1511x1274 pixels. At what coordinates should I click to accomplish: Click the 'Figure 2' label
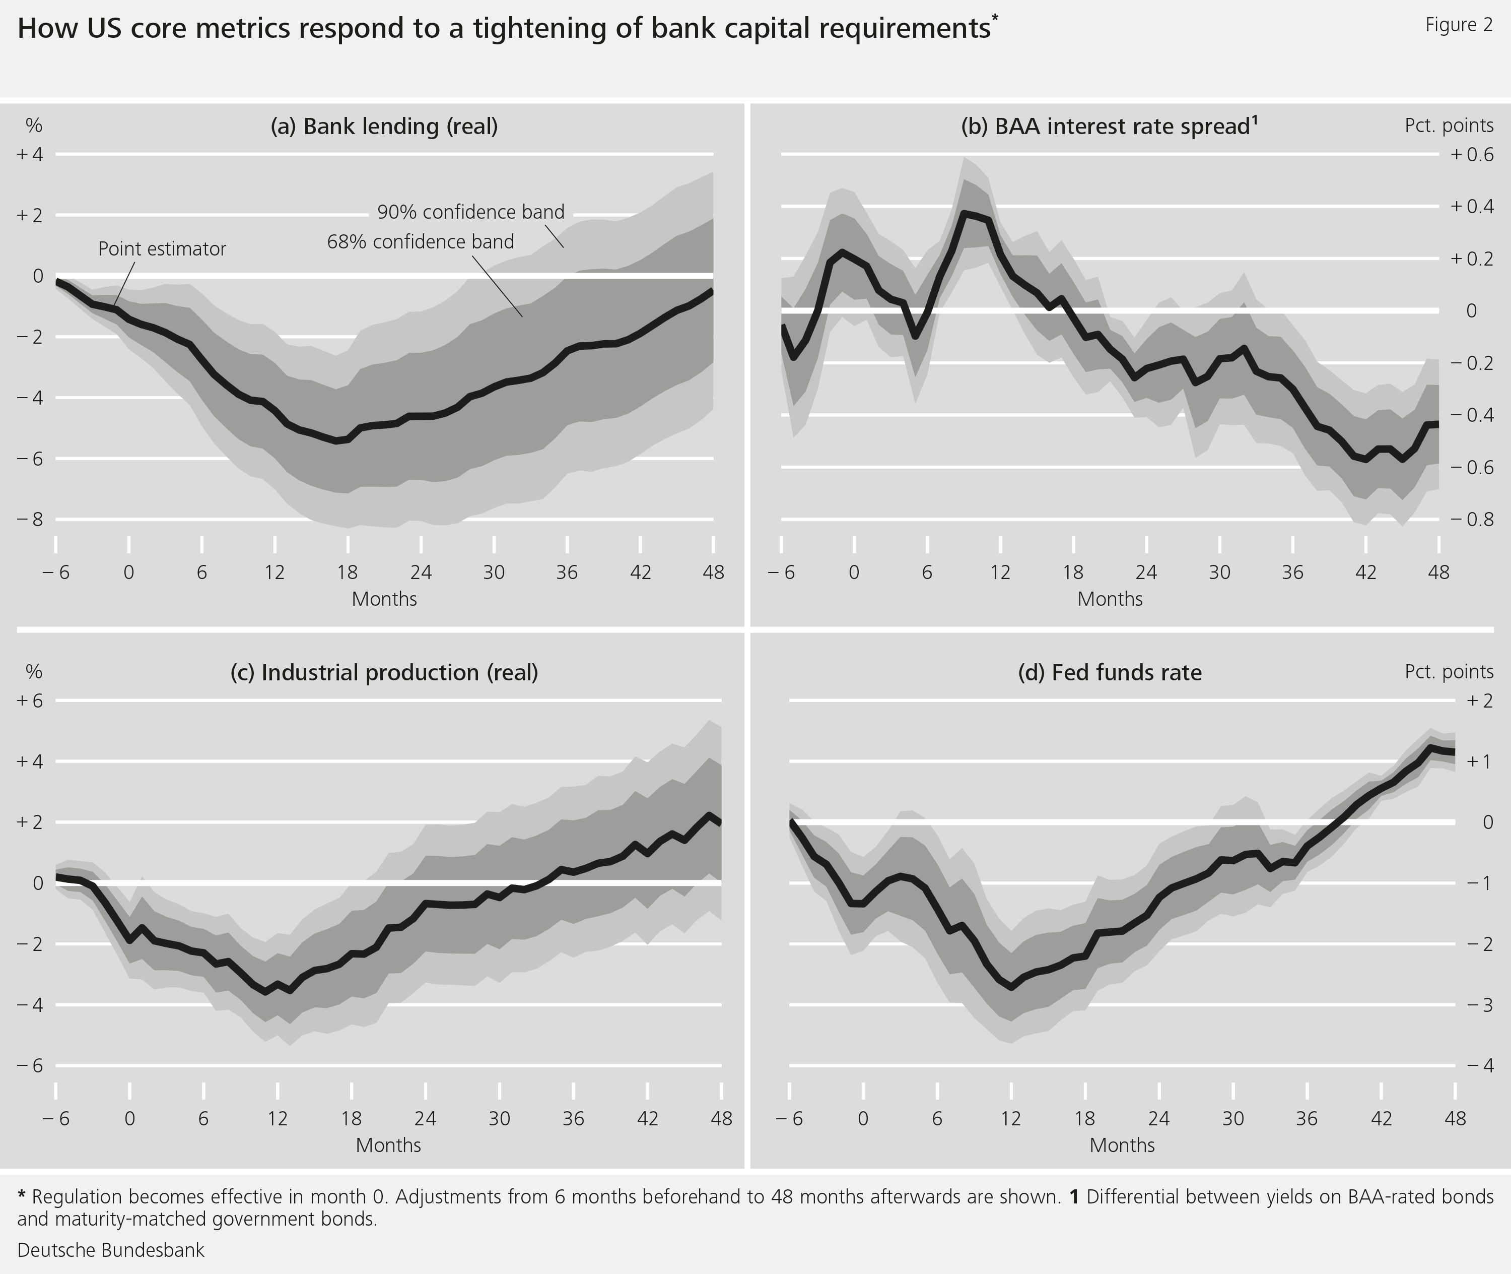click(1458, 25)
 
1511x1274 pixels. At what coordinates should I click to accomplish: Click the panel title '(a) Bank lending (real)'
click(384, 126)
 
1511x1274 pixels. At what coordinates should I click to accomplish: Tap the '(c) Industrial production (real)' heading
click(384, 672)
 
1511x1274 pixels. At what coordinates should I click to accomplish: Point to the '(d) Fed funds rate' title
click(1110, 672)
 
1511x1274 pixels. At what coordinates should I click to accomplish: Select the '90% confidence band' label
click(471, 212)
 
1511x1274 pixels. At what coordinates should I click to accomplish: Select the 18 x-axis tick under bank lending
click(347, 572)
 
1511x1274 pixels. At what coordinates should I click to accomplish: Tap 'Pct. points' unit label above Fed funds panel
click(1448, 672)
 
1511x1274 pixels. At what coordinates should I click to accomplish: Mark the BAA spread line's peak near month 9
click(965, 213)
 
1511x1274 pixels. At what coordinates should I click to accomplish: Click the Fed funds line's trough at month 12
click(1011, 988)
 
